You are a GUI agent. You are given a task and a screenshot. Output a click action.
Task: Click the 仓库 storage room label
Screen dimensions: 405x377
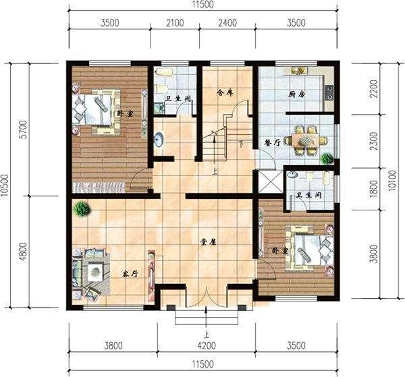pos(225,92)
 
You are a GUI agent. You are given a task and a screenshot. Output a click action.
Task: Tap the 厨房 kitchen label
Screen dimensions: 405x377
pos(297,94)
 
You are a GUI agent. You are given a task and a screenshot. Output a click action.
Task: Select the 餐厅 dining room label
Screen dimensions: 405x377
pos(272,143)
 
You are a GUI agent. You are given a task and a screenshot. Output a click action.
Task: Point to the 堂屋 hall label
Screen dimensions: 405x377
pos(208,242)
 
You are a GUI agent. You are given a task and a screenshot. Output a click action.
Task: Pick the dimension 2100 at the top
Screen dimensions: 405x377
pos(175,23)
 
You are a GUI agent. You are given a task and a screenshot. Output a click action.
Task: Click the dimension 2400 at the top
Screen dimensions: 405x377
pos(227,23)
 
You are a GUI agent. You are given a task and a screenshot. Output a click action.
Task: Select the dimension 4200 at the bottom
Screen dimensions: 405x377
pos(207,345)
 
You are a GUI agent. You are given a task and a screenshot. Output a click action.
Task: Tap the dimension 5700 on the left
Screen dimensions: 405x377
pos(24,129)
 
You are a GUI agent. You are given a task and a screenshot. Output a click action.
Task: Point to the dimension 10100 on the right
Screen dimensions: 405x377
pos(392,180)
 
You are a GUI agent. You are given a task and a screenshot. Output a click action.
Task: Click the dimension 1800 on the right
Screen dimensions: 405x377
pos(374,189)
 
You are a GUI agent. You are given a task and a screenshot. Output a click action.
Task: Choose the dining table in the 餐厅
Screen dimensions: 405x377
pos(305,141)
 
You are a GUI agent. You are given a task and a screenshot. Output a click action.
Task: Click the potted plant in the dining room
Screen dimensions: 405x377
pos(326,158)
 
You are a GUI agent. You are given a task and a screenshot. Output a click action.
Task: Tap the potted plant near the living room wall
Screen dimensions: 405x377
pos(82,209)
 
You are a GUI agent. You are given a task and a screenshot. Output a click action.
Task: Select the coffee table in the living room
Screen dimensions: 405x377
pos(95,272)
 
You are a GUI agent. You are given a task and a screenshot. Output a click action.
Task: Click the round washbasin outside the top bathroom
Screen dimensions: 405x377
pos(159,140)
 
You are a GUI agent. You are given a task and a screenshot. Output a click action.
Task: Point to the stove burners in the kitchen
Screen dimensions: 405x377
pos(330,92)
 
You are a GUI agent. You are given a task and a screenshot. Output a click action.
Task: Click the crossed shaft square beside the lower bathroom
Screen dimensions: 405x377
pos(270,181)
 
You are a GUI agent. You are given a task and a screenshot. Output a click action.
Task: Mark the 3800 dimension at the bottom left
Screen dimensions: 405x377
pos(113,345)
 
